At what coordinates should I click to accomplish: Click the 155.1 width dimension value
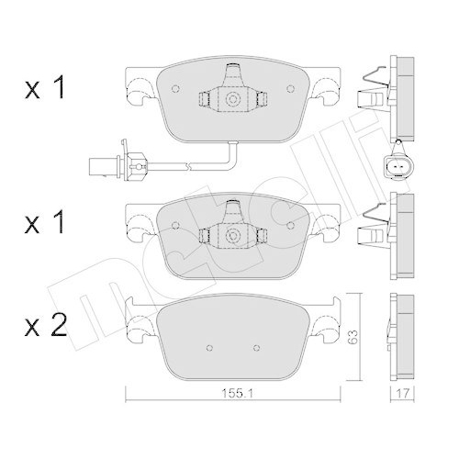(x=237, y=394)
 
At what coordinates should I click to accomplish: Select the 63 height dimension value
(x=353, y=337)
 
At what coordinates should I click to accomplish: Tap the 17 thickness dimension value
(x=402, y=394)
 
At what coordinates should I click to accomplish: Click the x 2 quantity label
(x=46, y=326)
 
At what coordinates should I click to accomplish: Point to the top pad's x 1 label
(x=45, y=87)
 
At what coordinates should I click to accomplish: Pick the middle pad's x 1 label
(x=45, y=222)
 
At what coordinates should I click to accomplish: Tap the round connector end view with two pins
(x=398, y=166)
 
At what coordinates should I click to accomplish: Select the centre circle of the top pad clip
(x=232, y=99)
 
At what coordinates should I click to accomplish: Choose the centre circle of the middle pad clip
(x=232, y=235)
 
